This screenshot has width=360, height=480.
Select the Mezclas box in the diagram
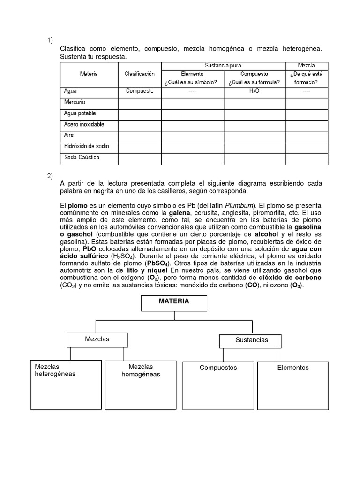97,339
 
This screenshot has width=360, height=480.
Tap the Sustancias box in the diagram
251,340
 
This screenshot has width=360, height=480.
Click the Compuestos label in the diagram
218,367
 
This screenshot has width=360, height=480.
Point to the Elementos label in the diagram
292,367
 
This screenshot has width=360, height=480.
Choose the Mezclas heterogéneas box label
55,370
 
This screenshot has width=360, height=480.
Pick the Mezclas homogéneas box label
141,370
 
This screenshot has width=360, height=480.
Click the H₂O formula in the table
255,91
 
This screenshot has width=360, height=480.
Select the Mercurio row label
75,102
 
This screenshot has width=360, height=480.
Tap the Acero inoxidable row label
84,124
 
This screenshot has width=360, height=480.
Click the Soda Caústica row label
82,157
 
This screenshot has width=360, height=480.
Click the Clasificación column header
139,74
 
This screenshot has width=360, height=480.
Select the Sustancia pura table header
223,66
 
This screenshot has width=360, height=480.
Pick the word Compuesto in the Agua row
140,91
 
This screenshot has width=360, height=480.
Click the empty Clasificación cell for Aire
140,135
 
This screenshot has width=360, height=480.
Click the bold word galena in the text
185,213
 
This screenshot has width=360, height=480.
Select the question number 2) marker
50,176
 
